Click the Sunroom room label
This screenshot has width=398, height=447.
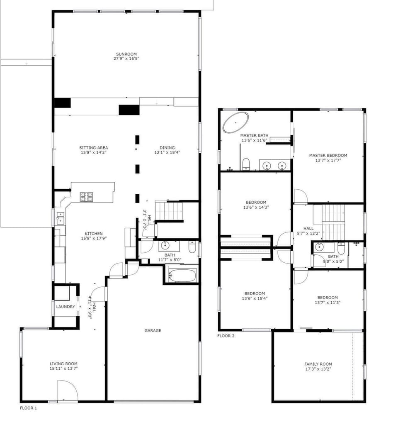coord(126,54)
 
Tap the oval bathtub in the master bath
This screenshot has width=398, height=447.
coord(236,122)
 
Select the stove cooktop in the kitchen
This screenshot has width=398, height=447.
coord(87,197)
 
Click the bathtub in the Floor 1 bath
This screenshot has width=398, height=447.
coord(182,276)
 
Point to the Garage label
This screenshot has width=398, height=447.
coord(153,330)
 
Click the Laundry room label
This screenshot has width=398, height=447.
coord(66,307)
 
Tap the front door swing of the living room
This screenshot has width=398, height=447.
coord(68,391)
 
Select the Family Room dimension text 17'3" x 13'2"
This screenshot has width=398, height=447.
coord(318,369)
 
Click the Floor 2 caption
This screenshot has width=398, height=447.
coord(226,336)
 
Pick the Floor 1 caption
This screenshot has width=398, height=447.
coord(28,408)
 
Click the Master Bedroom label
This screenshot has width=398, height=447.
coord(328,155)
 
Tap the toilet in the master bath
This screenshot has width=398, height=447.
coord(246,164)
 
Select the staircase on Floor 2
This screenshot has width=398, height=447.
coord(330,222)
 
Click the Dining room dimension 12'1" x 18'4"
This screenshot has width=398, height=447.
coord(167,152)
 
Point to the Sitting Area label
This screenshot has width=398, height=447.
coord(93,148)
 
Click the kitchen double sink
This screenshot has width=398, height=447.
coord(60,218)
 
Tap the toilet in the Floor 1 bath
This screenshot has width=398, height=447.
coord(192,247)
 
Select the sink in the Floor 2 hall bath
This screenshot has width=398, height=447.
coord(320,247)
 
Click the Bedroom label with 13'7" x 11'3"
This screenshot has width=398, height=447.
coord(328,298)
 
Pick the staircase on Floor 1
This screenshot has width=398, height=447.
coord(169,210)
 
